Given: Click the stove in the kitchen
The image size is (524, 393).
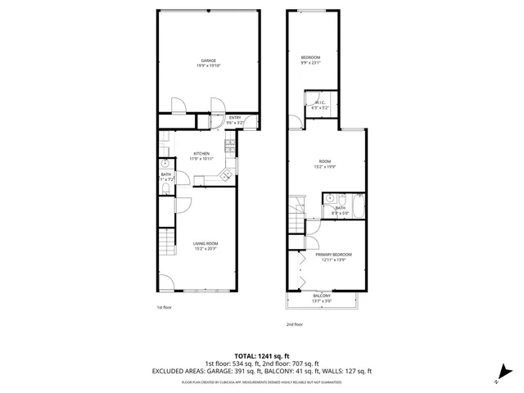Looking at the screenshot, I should point(231,147).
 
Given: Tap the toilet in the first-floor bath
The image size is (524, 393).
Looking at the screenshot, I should point(166,189).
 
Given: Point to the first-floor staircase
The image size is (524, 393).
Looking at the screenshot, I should point(168,243).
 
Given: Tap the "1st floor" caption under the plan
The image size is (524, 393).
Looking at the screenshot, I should point(164,308).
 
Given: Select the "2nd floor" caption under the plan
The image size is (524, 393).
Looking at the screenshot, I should point(295,324).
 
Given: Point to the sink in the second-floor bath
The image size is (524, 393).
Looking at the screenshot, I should point(330,198).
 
